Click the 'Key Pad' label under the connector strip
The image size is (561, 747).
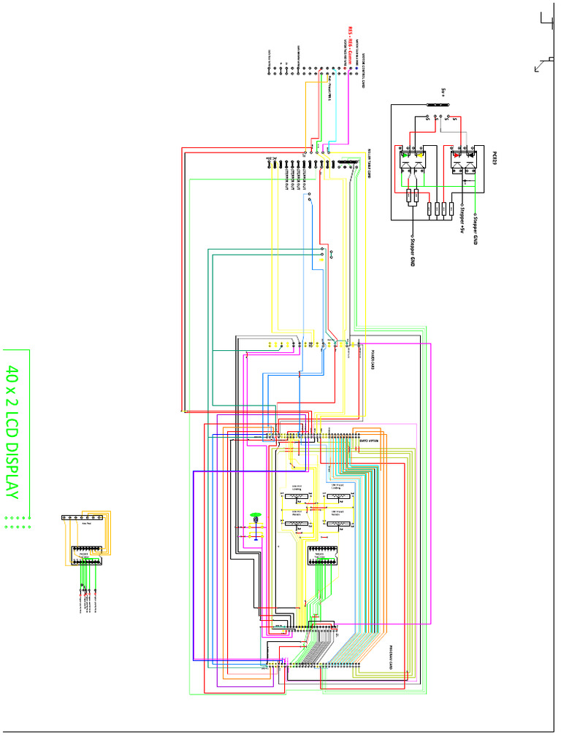[x=85, y=524]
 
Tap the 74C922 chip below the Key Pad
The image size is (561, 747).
[x=85, y=556]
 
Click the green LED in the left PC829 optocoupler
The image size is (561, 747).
[x=406, y=155]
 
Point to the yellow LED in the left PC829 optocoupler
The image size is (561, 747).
[x=419, y=155]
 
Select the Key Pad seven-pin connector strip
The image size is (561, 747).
[x=86, y=517]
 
